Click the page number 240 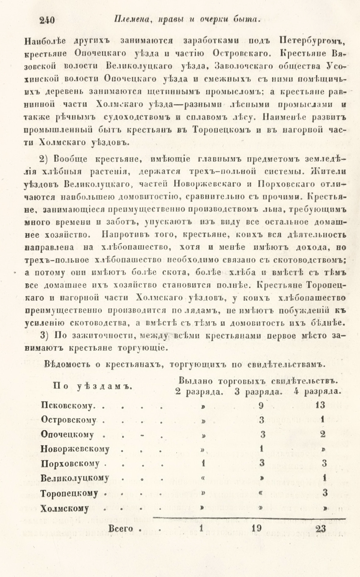point(47,20)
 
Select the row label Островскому point(69,420)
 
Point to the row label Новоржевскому point(75,449)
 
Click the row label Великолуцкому point(75,479)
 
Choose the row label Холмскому point(65,508)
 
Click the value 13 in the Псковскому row point(320,405)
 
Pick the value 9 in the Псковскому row point(261,406)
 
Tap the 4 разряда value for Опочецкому point(322,434)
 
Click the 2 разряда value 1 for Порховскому point(203,464)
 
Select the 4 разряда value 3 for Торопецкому point(324,493)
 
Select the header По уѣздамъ point(93,386)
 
